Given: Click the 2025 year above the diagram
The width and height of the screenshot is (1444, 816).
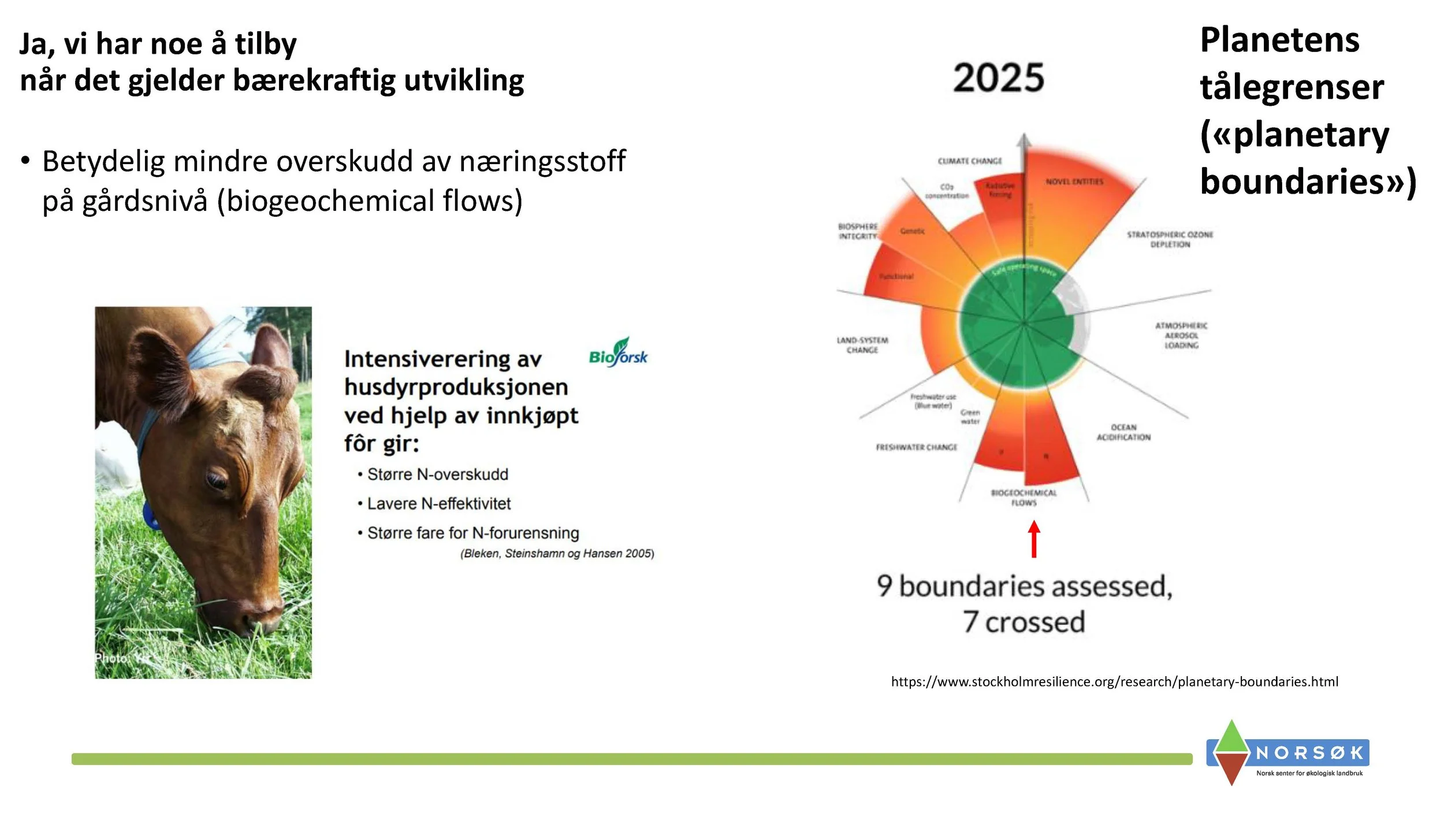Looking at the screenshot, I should click(x=999, y=78).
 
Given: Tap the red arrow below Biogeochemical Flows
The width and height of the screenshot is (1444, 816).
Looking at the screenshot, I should click(x=1034, y=539).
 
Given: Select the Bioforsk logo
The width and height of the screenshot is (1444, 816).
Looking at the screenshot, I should click(x=618, y=353).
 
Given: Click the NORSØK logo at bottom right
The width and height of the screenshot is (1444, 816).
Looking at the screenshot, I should click(x=1288, y=753).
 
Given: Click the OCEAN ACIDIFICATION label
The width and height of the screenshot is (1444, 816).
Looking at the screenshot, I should click(x=1123, y=432).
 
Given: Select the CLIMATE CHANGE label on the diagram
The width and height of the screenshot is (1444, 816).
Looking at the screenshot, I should click(x=970, y=161).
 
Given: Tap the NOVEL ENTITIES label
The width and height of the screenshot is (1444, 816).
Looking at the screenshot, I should click(x=1074, y=181).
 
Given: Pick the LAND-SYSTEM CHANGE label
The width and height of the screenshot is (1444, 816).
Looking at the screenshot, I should click(x=862, y=345).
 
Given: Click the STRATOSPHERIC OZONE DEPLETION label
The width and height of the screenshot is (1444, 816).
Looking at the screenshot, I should click(x=1170, y=239).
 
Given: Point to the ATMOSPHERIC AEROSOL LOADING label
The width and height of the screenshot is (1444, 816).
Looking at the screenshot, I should click(x=1181, y=335).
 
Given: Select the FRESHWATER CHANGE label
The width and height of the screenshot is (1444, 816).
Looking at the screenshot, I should click(x=916, y=447).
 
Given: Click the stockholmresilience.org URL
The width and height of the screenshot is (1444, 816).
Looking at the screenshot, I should click(x=1114, y=682).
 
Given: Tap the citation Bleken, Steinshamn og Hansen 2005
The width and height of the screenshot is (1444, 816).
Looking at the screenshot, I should click(x=557, y=554).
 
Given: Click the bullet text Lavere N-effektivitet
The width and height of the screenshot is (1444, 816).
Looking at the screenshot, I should click(x=439, y=504).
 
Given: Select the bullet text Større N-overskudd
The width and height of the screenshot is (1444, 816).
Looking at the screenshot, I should click(x=438, y=474).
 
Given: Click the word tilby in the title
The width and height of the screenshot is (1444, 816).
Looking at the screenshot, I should click(x=266, y=44).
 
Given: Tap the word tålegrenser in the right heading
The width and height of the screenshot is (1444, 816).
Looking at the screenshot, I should click(x=1292, y=87).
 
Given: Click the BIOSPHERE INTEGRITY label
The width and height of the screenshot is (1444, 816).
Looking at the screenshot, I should click(x=858, y=231).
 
